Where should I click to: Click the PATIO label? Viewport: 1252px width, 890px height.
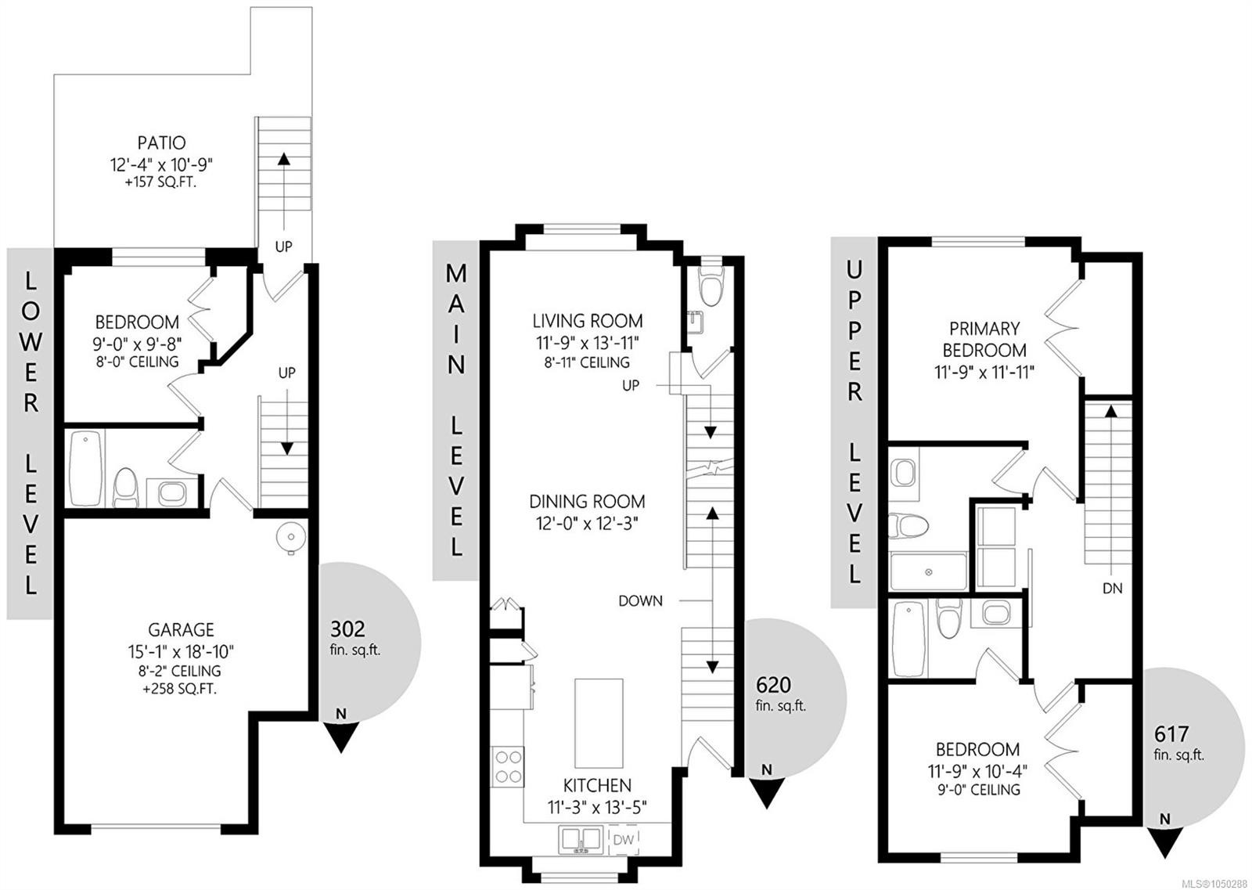tap(161, 143)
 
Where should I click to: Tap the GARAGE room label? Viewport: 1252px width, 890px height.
tap(181, 630)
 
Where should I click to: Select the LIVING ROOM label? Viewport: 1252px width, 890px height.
tap(588, 321)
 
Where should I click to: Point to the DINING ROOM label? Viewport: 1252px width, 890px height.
tap(587, 502)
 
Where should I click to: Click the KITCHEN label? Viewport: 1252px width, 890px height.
tap(597, 785)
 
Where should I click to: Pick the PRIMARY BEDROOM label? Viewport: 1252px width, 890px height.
tap(985, 340)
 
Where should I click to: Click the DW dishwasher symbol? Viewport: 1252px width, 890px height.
tap(623, 839)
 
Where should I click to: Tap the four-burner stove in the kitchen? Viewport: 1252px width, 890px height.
tap(508, 766)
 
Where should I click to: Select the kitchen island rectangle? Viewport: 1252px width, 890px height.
tap(599, 723)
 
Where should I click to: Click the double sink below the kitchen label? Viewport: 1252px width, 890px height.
tap(581, 840)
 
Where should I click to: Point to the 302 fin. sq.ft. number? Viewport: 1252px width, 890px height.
tap(347, 629)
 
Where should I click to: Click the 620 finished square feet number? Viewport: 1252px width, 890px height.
tap(774, 685)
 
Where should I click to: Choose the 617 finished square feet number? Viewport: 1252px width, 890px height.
tap(1171, 733)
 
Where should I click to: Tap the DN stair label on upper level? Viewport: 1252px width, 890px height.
tap(1113, 588)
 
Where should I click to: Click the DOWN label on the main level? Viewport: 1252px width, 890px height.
tap(641, 601)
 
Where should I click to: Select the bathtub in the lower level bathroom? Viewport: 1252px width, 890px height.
tap(86, 468)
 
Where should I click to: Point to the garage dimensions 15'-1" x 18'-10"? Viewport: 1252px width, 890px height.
tap(181, 652)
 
